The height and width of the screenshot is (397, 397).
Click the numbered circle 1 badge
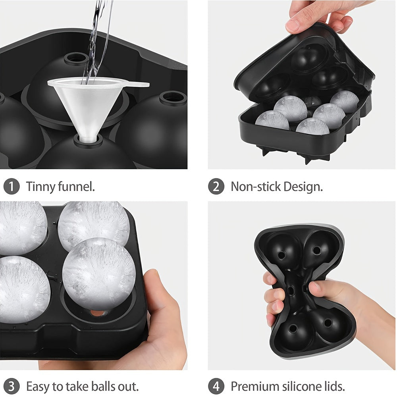tap(12, 187)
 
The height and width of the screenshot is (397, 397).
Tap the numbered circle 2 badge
tap(216, 187)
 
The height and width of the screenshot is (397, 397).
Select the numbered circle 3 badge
tap(12, 386)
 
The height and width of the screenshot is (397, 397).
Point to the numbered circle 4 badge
tap(216, 386)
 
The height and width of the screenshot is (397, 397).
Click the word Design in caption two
tap(303, 187)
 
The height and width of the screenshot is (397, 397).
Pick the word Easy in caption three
tap(38, 386)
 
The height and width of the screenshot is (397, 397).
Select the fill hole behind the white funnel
tap(76, 58)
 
